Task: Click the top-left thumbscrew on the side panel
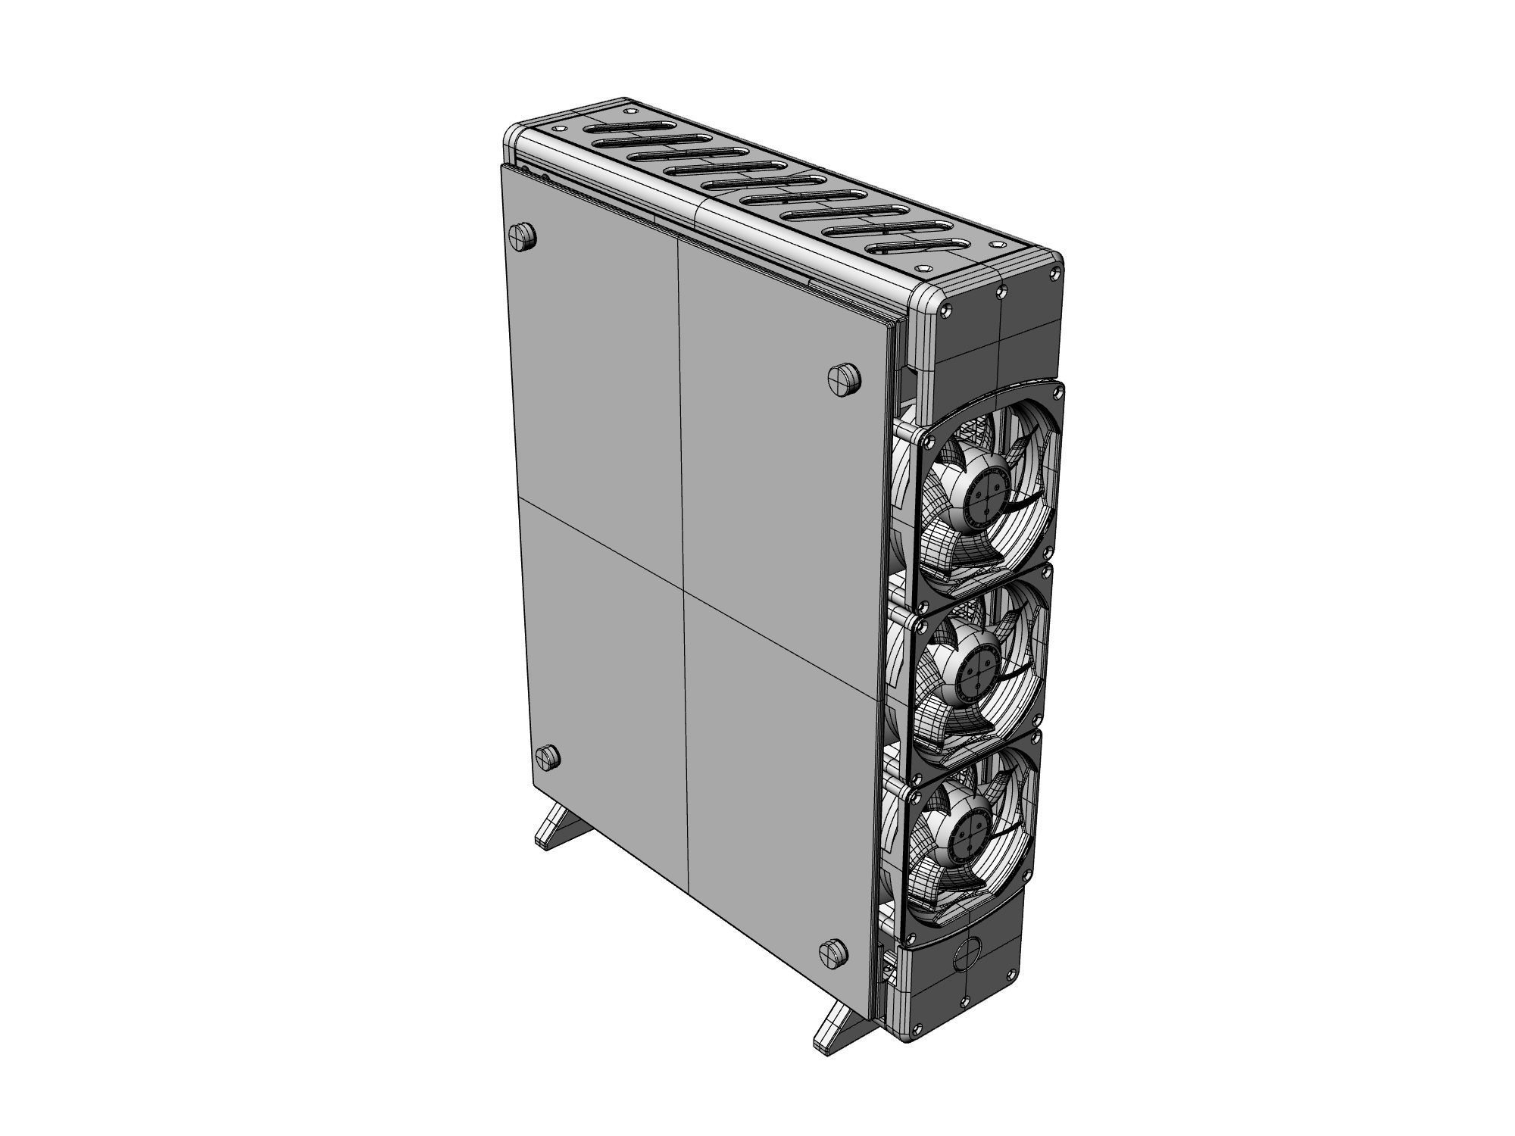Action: (x=523, y=236)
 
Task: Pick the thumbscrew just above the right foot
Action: (x=833, y=953)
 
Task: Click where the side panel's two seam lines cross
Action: (x=684, y=579)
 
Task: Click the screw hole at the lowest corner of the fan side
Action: (x=918, y=1028)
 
